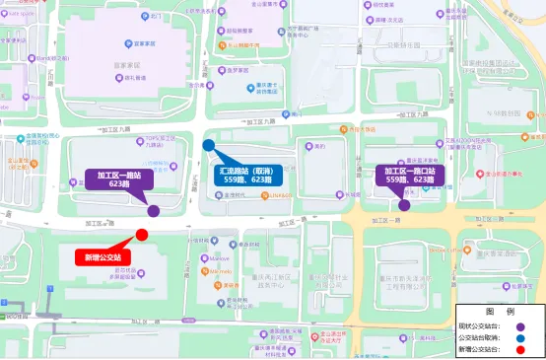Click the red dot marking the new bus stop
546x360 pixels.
tap(142, 235)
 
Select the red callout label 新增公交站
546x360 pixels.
tap(103, 257)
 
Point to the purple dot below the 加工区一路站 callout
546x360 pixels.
tap(154, 210)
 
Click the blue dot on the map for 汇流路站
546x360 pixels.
tap(209, 146)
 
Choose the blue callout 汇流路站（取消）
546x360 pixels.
tap(246, 175)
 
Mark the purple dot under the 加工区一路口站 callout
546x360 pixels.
tap(404, 205)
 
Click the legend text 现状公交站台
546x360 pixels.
tap(479, 325)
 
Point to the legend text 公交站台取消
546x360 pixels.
tap(479, 337)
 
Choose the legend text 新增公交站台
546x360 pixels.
tap(479, 349)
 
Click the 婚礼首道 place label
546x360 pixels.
tap(130, 77)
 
